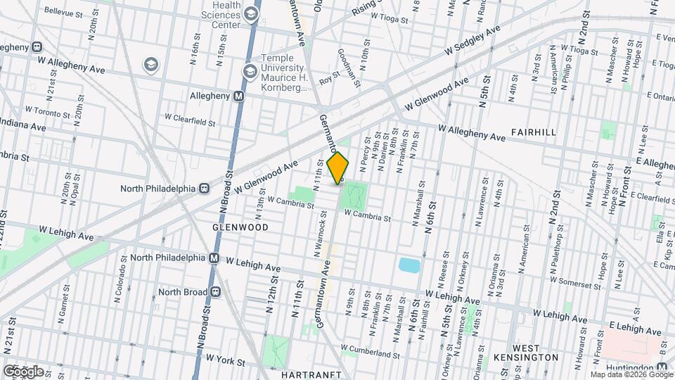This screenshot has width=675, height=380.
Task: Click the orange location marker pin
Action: [338, 167]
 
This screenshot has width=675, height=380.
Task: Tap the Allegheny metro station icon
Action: [239, 96]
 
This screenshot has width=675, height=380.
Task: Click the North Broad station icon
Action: [216, 292]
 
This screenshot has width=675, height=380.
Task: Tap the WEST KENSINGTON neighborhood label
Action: [536, 353]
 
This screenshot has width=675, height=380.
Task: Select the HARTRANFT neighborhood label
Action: [310, 374]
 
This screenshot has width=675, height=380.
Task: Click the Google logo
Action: [22, 371]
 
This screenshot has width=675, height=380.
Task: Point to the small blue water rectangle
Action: [408, 265]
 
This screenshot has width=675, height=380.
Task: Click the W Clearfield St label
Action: [190, 119]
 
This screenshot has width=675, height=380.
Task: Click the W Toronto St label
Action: [49, 112]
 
